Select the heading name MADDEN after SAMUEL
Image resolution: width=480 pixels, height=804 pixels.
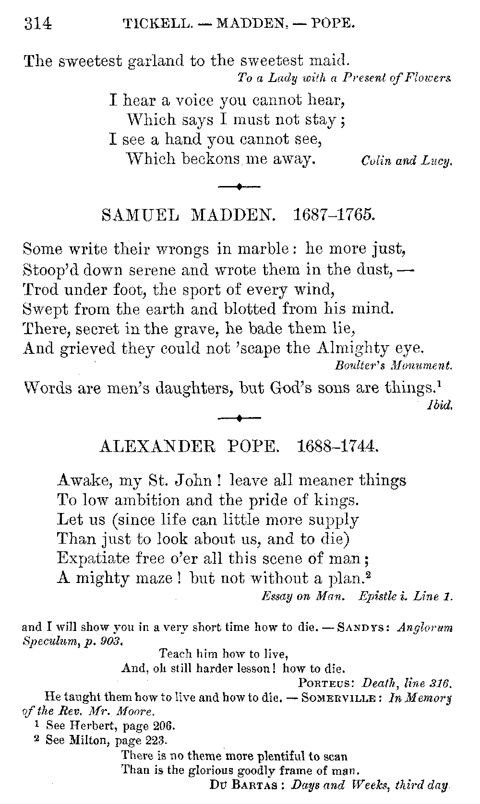coord(233,215)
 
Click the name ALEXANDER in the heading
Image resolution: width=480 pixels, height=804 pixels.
coord(159,447)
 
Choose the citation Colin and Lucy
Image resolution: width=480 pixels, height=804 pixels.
coord(407,162)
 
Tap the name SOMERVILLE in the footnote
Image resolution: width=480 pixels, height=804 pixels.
coord(341,698)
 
